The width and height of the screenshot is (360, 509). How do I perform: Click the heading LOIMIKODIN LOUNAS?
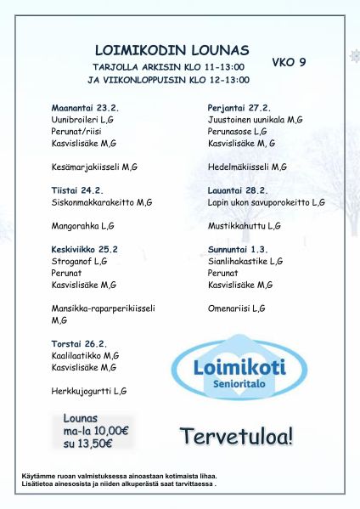pos(172,50)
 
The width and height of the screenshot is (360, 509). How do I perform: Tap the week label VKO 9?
pos(289,62)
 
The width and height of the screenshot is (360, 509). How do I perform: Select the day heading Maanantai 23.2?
pos(85,109)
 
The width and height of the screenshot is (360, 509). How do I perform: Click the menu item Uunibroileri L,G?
pos(82,121)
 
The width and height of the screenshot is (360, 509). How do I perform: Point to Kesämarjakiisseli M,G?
pos(94,167)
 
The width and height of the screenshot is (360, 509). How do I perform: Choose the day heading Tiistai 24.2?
pos(77,191)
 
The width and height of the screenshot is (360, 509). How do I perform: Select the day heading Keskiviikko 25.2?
pos(85,250)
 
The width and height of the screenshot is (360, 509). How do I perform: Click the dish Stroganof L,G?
pos(79,262)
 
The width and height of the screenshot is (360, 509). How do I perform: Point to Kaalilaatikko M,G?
pos(85,356)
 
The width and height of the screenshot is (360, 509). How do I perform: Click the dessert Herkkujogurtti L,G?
pos(89,391)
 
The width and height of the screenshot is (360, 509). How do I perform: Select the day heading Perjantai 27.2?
pos(239,109)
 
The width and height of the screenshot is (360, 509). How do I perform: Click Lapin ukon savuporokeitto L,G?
pos(266,203)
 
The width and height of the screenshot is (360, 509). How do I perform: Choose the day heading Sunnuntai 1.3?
pos(238,250)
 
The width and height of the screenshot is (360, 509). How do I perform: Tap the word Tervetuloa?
pos(237,437)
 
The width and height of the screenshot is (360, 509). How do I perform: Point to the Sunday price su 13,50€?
pos(88,443)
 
